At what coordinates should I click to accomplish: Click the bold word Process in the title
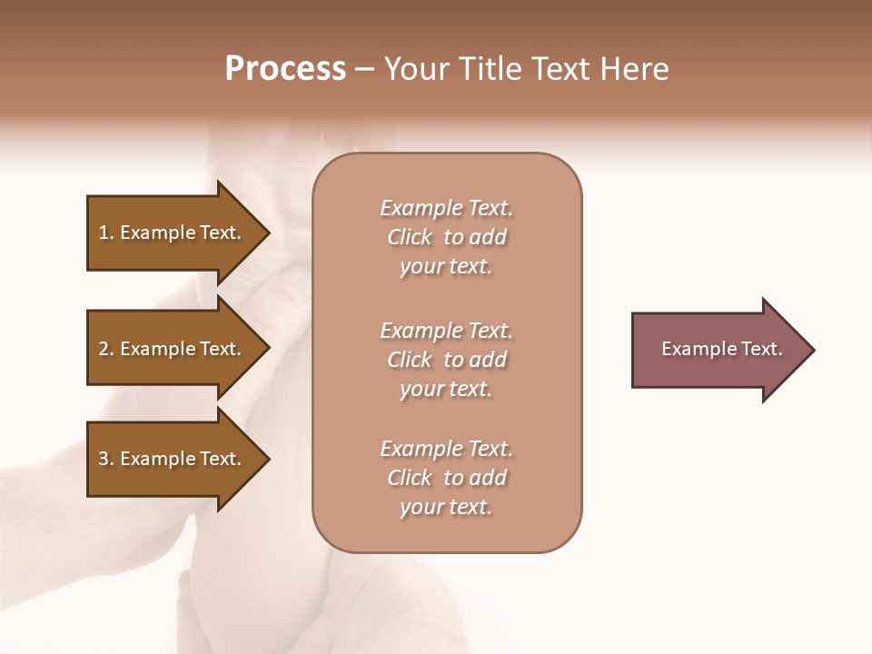(x=285, y=69)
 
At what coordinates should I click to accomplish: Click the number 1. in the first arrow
(x=106, y=233)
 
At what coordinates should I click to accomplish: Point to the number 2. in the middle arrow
(x=106, y=349)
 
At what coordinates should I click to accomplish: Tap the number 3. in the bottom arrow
(x=106, y=459)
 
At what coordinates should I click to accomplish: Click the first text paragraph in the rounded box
(x=446, y=237)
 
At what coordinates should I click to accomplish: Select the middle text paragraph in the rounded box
(x=446, y=360)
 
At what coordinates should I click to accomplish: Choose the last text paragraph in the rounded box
(x=446, y=478)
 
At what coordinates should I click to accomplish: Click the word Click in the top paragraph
(x=410, y=237)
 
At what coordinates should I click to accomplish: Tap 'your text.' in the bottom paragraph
(x=446, y=507)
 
